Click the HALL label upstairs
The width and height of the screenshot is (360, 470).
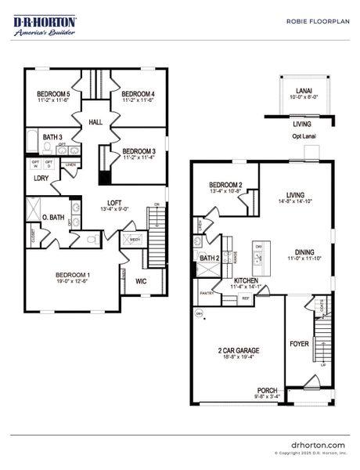[x=95, y=122]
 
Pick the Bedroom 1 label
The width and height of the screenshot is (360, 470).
[x=72, y=275]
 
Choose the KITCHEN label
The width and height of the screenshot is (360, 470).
[x=244, y=280]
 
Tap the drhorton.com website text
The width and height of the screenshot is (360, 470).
[x=317, y=444]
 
